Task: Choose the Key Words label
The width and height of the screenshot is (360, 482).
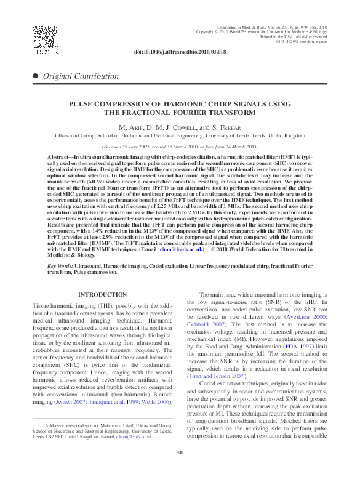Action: point(61,265)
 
